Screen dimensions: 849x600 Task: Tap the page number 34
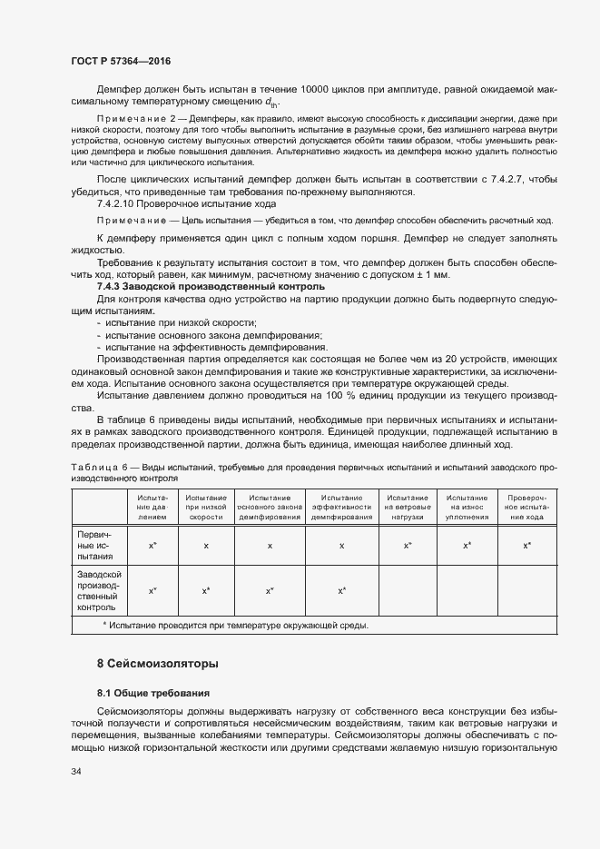[76, 773]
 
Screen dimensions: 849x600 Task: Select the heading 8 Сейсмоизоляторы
[157, 664]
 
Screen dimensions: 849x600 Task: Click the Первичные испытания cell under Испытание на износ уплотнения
[467, 545]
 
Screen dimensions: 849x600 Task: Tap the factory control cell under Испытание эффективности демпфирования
[342, 591]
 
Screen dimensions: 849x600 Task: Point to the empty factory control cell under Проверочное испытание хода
[526, 591]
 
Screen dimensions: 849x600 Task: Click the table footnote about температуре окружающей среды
[235, 626]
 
